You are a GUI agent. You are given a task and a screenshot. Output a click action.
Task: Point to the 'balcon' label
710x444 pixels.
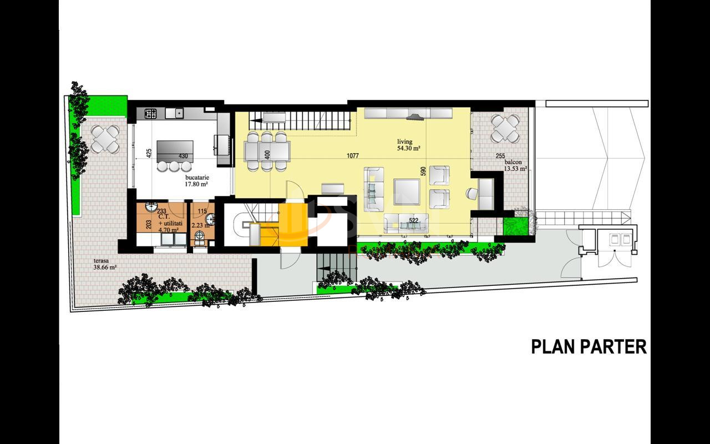[x=513, y=162]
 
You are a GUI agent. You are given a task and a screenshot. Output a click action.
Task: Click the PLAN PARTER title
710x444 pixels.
[x=589, y=346]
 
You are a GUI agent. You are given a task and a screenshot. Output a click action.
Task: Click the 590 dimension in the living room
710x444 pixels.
[x=423, y=171]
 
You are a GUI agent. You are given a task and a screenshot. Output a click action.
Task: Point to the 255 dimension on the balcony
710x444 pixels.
[x=500, y=156]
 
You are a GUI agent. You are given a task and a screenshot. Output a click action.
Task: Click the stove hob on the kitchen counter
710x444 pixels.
[x=151, y=113]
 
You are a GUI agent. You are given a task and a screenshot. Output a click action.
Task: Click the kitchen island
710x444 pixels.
[x=175, y=150]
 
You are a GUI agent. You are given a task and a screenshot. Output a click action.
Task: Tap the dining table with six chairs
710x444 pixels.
[x=267, y=150]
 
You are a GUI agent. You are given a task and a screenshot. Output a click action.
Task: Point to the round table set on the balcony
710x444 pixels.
[x=505, y=128]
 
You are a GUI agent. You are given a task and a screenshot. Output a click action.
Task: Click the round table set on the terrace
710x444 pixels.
[x=105, y=139]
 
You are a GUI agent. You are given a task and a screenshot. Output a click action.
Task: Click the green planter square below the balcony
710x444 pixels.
[x=514, y=226]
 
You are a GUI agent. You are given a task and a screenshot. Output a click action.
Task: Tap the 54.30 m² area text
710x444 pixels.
[x=408, y=148]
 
